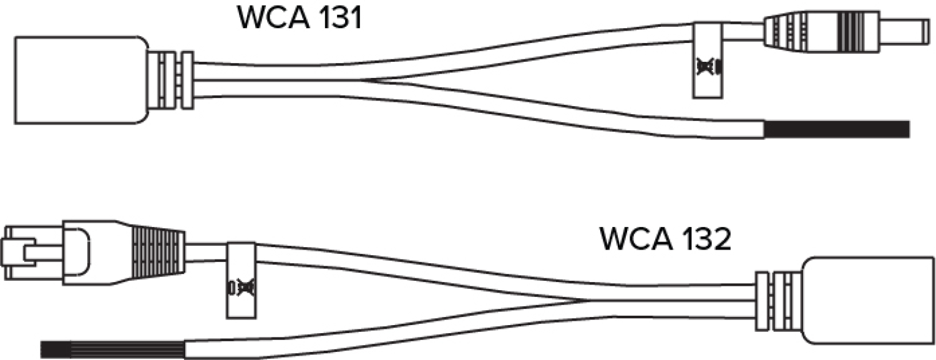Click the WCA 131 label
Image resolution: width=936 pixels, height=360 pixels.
pos(299,17)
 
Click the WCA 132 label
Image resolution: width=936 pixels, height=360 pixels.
pos(665,239)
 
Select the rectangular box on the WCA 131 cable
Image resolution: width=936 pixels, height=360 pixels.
pos(80,79)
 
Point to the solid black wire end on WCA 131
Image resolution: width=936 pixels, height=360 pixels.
pos(836,129)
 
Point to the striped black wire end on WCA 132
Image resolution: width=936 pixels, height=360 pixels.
pos(112,349)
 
